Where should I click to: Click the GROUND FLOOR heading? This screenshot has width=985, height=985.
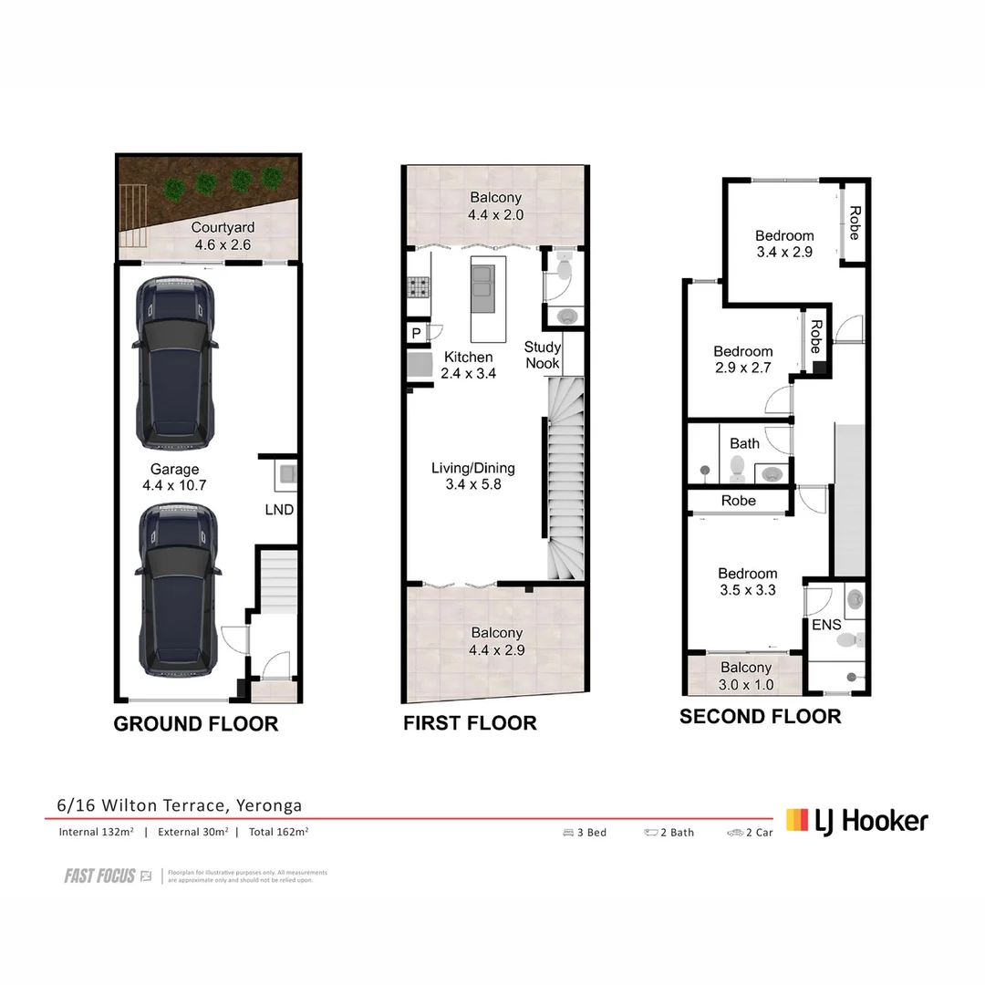point(195,724)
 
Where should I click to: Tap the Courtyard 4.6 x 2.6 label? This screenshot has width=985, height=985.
point(223,236)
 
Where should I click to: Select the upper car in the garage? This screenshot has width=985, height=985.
point(176,363)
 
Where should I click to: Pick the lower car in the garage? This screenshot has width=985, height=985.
point(176,588)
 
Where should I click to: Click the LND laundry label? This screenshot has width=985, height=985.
point(279,509)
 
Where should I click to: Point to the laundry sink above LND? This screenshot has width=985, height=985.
point(286,472)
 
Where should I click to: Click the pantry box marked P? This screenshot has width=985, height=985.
point(416,334)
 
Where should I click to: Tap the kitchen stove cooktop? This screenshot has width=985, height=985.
point(419,288)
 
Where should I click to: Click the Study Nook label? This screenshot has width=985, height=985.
point(542,355)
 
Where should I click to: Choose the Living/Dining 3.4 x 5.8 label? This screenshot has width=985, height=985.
point(472,476)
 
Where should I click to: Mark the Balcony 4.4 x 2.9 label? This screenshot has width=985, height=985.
point(496,641)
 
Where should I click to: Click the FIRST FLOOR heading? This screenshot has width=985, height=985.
point(470,723)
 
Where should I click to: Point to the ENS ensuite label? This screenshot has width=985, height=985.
point(826,625)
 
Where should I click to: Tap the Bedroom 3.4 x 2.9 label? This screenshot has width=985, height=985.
point(784,244)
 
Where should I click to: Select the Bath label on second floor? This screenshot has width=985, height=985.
point(744,443)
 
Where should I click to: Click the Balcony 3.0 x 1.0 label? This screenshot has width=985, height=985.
point(745,677)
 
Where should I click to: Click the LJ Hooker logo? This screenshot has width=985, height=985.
point(857,821)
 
